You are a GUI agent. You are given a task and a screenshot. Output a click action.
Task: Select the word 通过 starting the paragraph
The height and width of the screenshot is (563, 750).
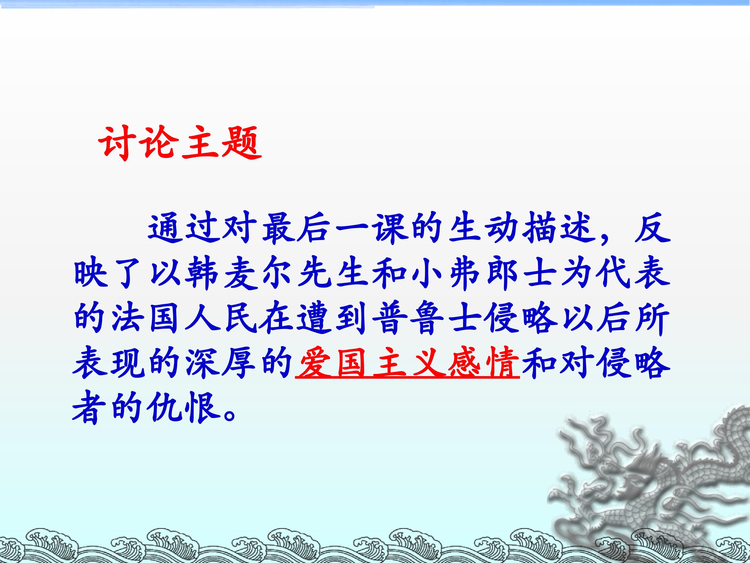click(184, 229)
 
